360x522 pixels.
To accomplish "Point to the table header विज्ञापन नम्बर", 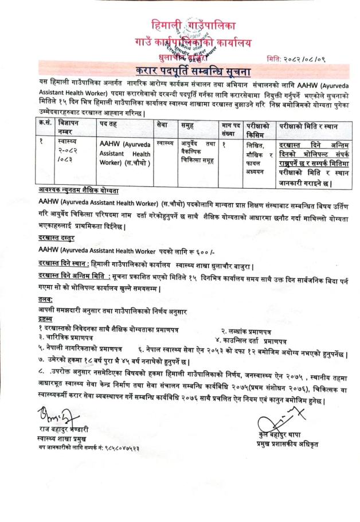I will point(72,128).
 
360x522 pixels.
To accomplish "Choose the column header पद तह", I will point(111,125).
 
